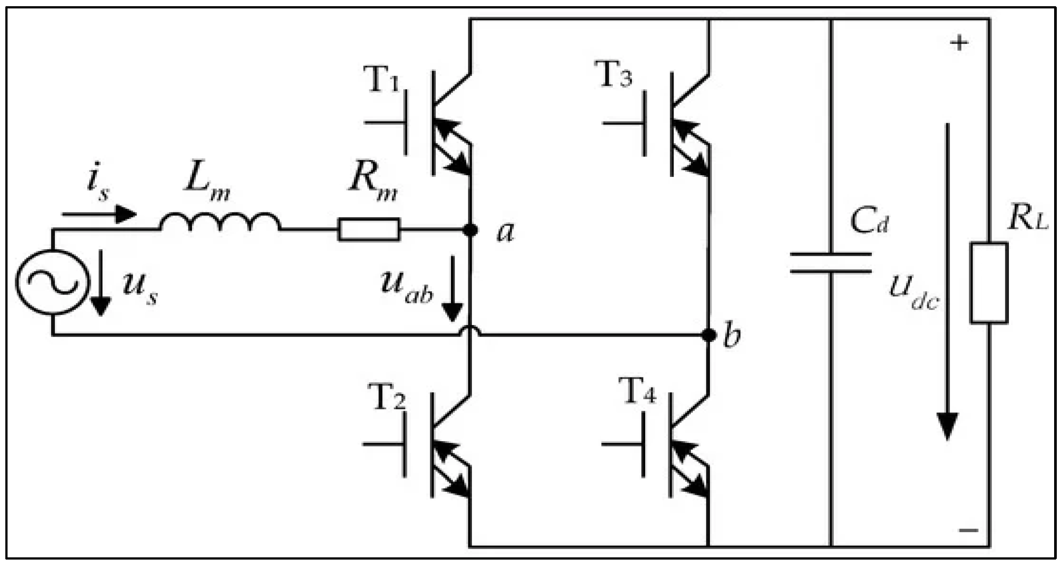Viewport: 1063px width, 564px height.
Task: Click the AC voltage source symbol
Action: (53, 282)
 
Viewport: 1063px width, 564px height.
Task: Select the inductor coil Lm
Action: (220, 222)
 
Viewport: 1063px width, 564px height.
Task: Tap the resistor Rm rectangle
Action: (369, 229)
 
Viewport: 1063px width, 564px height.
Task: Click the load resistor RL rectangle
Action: (989, 283)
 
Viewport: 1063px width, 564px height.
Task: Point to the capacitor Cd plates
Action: (831, 262)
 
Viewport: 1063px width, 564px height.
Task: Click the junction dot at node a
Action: (470, 230)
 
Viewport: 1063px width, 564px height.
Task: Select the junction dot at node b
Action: (709, 335)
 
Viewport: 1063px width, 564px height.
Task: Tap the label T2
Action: (386, 397)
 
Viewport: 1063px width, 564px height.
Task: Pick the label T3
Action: (613, 74)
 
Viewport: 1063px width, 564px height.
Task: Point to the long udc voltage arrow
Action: (947, 279)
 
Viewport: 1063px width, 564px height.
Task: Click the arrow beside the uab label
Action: (452, 288)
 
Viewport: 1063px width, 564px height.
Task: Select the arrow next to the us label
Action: (100, 283)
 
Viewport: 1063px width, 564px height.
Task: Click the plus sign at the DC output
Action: (959, 43)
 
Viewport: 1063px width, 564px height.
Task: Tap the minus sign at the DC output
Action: (969, 530)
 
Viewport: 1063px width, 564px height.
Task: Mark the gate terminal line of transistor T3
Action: (623, 123)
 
